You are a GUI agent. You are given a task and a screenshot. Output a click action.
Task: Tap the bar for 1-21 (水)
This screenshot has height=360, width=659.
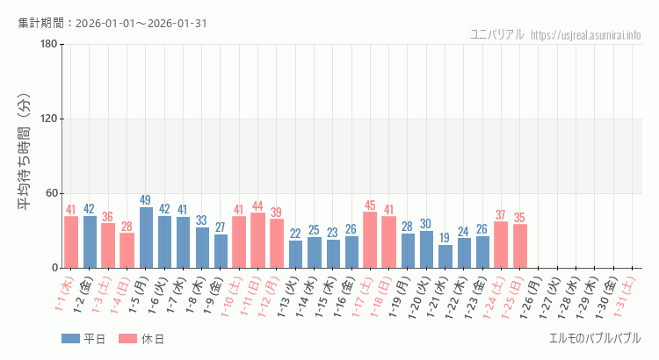coord(445,256)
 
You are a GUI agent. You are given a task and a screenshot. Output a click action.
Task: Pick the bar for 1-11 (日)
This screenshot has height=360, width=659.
coord(258,241)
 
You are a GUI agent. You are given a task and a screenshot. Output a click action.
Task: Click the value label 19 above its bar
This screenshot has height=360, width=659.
coord(445,238)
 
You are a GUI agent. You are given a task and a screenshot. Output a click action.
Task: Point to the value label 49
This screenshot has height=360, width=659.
coord(146,200)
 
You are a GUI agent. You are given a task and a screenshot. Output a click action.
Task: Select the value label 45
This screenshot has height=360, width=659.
coord(371,205)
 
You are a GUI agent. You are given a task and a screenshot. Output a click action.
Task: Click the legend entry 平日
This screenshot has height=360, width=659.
coord(83,339)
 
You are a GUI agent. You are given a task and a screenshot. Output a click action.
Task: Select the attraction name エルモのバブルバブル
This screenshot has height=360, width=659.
coord(595,338)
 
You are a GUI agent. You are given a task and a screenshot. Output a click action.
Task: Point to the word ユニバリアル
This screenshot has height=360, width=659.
coord(497,35)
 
